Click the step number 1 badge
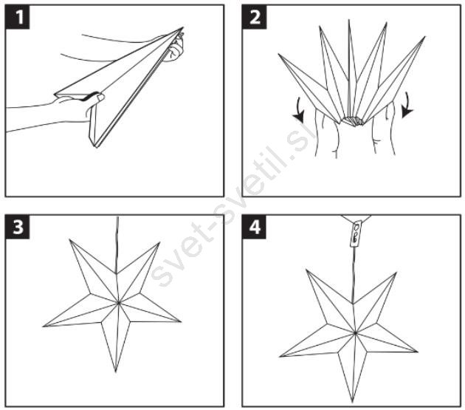[18, 17]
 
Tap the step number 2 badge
[255, 17]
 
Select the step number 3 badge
[18, 227]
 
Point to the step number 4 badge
[255, 227]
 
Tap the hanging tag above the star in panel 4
[356, 233]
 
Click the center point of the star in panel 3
[119, 303]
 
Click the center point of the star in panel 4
[355, 333]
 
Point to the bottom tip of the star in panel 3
[116, 372]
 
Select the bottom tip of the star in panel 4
[352, 403]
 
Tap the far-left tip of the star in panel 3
[44, 327]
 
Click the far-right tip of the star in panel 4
[418, 352]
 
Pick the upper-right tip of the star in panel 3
[159, 242]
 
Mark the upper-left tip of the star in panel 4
[306, 270]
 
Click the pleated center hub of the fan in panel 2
[352, 121]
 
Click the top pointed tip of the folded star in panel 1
[183, 27]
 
